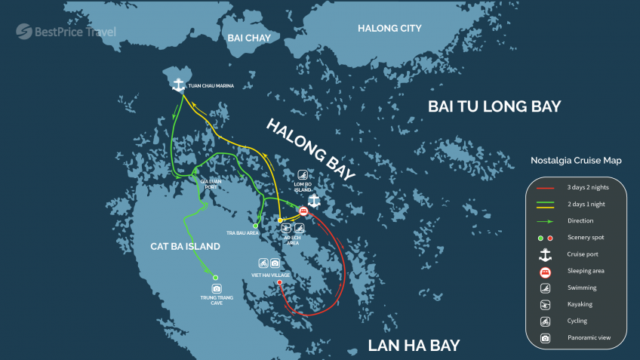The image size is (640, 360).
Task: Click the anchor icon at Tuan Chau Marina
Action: pyautogui.click(x=179, y=85)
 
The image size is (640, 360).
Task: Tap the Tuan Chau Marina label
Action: pyautogui.click(x=211, y=86)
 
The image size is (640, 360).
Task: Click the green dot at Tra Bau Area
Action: pyautogui.click(x=255, y=226)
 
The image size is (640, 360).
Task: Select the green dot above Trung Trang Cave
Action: pyautogui.click(x=215, y=278)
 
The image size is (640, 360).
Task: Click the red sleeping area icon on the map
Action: pyautogui.click(x=303, y=211)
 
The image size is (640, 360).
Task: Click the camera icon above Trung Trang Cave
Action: pyautogui.click(x=217, y=288)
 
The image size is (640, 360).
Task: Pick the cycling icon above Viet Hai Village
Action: pyautogui.click(x=263, y=263)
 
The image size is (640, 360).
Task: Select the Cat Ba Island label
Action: pyautogui.click(x=185, y=247)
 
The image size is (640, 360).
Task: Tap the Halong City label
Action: pyautogui.click(x=389, y=29)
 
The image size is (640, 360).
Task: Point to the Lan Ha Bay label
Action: pyautogui.click(x=413, y=346)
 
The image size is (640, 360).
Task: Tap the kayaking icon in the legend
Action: pyautogui.click(x=545, y=304)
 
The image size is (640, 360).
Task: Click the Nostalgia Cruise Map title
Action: pyautogui.click(x=576, y=161)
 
